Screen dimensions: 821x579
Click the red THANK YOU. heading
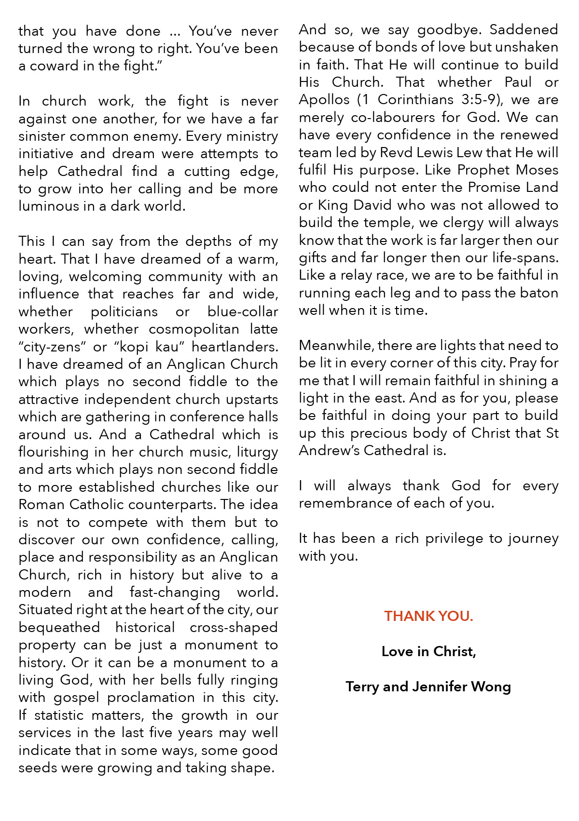pyautogui.click(x=428, y=616)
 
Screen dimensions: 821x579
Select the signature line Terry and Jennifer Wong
pyautogui.click(x=428, y=686)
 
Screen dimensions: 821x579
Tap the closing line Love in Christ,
pyautogui.click(x=428, y=651)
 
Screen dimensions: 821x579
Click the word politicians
pyautogui.click(x=124, y=312)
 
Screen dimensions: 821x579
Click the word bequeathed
pyautogui.click(x=59, y=628)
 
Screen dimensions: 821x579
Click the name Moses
pyautogui.click(x=537, y=170)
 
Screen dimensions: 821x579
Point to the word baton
pyautogui.click(x=539, y=293)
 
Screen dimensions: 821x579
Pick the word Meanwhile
pyautogui.click(x=335, y=346)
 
